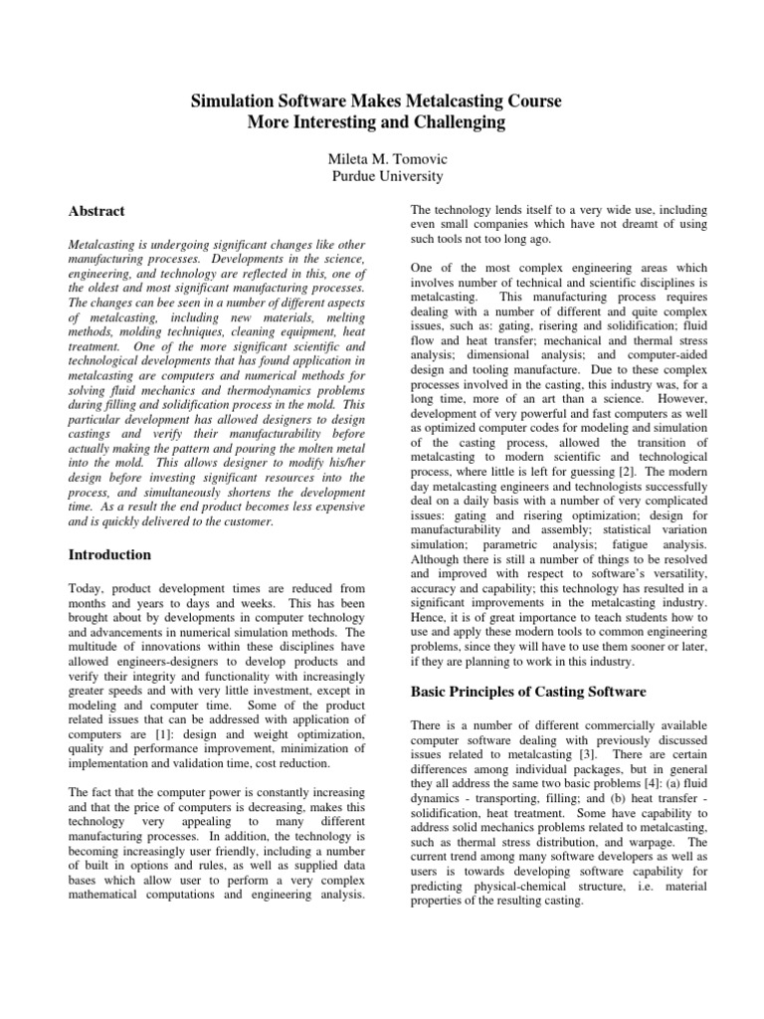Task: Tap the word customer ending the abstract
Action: pyautogui.click(x=242, y=521)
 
